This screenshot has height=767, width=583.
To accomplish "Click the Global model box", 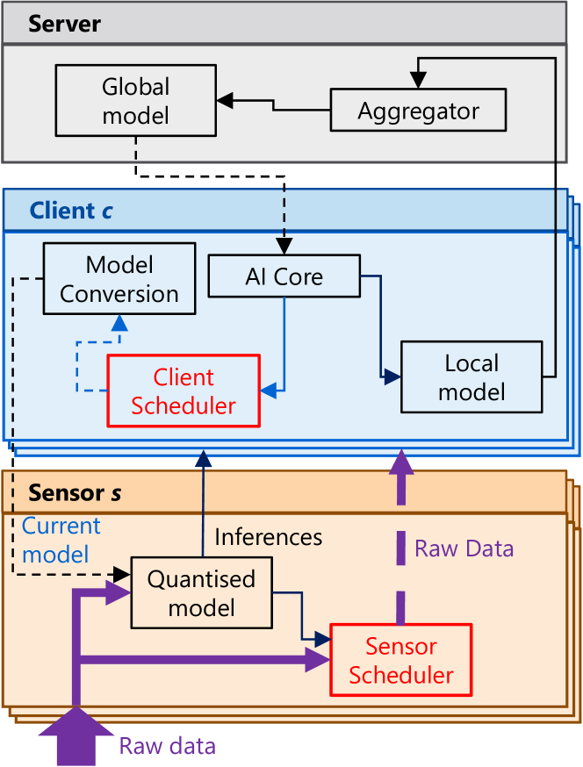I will coord(135,101).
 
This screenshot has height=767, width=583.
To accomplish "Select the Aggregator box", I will coord(418,111).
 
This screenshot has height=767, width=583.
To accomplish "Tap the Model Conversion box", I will coord(119,279).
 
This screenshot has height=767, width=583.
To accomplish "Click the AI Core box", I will coord(284,277).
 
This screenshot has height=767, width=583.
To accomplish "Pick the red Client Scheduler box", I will coord(184,391).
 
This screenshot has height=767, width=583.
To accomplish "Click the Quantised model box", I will coord(201,592).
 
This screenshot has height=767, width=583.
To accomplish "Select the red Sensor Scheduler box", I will coord(400,660).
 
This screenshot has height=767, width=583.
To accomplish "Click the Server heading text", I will coord(64,23).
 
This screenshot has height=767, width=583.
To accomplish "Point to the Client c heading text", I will coord(71,211).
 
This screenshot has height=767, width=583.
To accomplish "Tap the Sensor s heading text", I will coord(75,492).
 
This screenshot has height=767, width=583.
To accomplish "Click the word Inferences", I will coord(269,536).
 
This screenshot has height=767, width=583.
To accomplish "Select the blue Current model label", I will coord(61,540).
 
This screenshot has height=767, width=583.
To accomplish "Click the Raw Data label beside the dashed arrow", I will coord(464,549).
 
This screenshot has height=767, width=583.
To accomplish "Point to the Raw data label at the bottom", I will coord(167,746).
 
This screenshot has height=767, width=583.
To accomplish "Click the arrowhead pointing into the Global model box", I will coord(225,101).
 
